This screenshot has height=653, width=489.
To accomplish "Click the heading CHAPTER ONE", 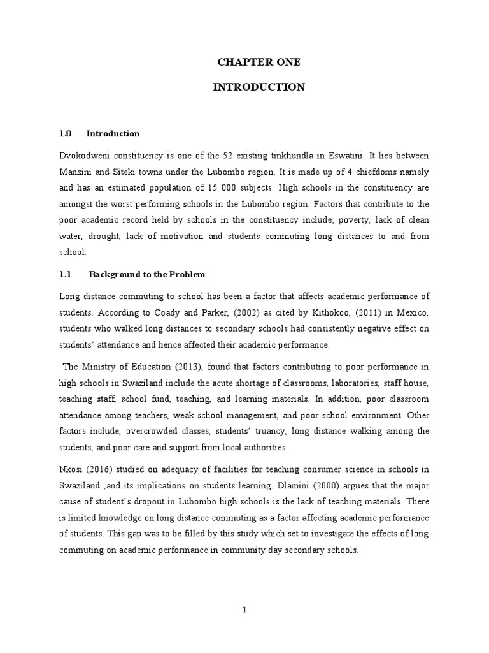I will pyautogui.click(x=259, y=62).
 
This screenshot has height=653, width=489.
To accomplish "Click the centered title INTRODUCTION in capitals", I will pyautogui.click(x=259, y=87).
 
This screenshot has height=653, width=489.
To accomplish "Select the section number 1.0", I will pyautogui.click(x=66, y=134).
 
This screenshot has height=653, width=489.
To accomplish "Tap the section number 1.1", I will pyautogui.click(x=66, y=274).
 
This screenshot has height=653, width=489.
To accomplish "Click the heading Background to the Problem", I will pyautogui.click(x=147, y=274).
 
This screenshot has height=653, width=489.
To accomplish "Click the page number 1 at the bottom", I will pyautogui.click(x=244, y=610).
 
